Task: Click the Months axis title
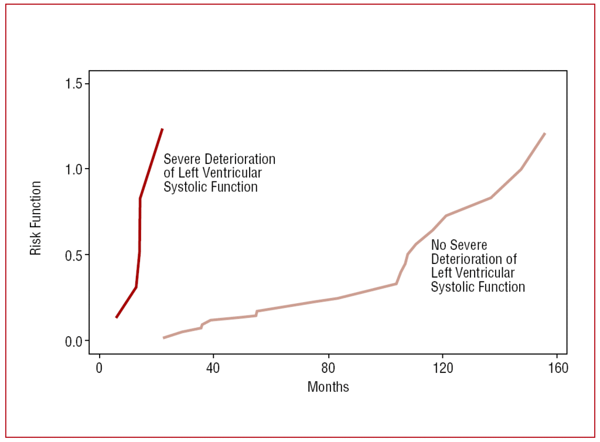(x=328, y=387)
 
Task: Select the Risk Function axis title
(x=36, y=218)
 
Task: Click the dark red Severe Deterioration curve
(x=140, y=234)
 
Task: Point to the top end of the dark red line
(x=162, y=129)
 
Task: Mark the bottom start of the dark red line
(x=117, y=317)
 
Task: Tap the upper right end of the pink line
(x=545, y=133)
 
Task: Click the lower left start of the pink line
(x=163, y=338)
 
